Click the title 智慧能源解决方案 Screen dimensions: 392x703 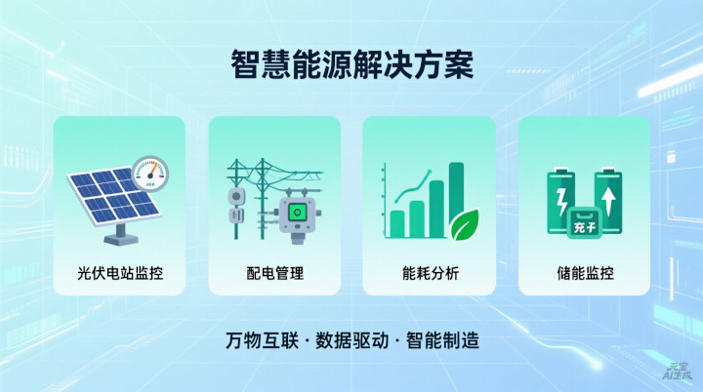351,65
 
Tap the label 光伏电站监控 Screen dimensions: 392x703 119,273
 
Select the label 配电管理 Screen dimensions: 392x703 274,273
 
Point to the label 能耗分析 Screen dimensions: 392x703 429,273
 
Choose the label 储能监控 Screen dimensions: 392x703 584,273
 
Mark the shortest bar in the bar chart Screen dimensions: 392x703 397,223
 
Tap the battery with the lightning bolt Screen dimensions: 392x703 560,202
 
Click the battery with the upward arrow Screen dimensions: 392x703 608,202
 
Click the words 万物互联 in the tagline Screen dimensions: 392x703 262,343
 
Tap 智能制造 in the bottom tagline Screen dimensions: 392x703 441,343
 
